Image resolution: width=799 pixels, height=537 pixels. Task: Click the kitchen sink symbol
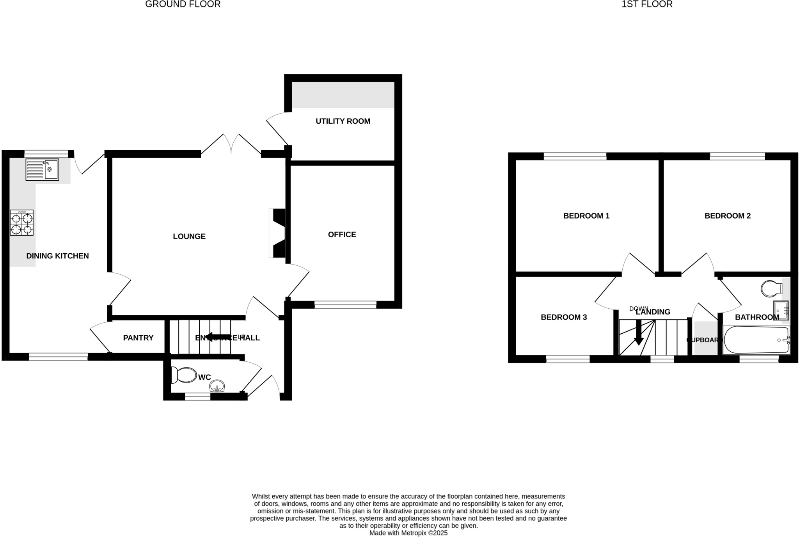point(42,169)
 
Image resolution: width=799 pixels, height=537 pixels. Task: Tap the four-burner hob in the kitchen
point(22,223)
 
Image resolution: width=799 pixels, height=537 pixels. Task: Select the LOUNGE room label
point(189,236)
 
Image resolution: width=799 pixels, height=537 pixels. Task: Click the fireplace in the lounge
point(278,233)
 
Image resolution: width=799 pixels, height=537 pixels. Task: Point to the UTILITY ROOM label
point(343,121)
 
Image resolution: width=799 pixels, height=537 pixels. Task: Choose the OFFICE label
point(342,235)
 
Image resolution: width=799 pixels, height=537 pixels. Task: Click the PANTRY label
point(138,338)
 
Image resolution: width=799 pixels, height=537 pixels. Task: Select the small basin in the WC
point(217,387)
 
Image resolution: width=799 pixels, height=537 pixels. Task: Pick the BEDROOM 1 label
point(586,216)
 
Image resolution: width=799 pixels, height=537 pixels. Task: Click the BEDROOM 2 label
point(728,216)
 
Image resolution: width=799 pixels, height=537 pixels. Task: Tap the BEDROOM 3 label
point(564,317)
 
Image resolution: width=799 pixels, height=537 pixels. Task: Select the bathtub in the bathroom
point(756,340)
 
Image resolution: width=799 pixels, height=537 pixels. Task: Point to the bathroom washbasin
point(781,310)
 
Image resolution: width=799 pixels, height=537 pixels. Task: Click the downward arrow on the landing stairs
point(639,333)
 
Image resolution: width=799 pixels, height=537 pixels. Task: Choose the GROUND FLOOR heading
point(183,4)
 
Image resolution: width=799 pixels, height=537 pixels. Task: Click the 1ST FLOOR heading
point(647,4)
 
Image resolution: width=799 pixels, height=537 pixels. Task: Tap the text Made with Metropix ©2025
point(408,533)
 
